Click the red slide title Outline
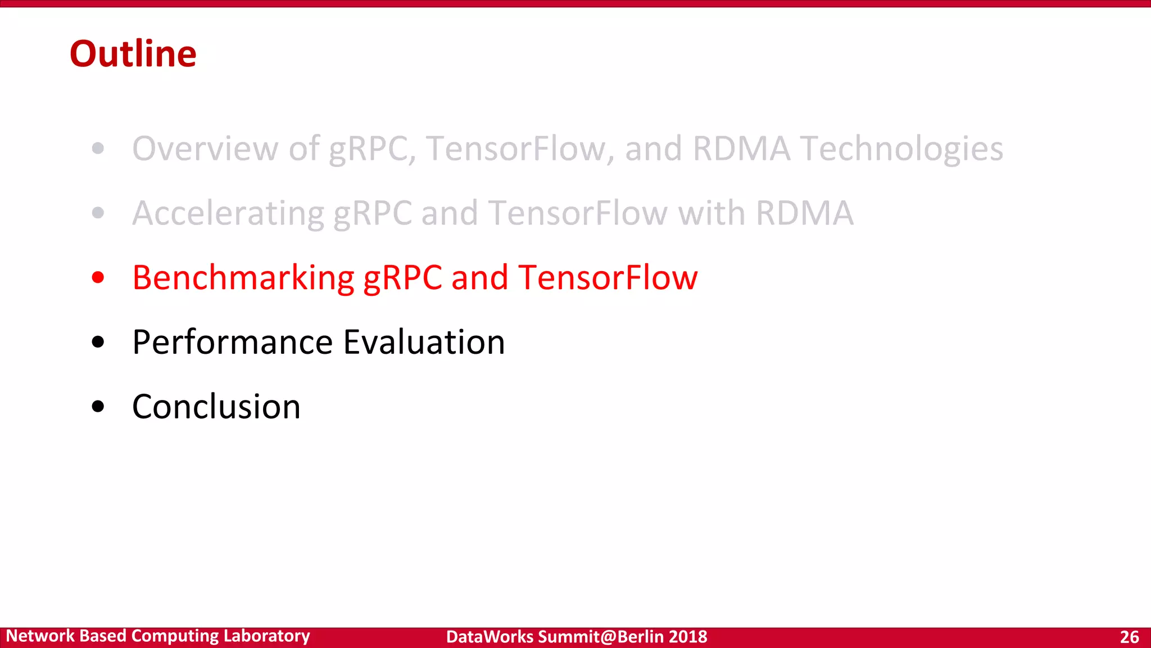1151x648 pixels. [133, 54]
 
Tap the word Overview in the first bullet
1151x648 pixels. [205, 148]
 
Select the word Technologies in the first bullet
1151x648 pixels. [901, 150]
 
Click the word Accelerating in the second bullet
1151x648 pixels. [228, 214]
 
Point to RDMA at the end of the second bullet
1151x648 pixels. [804, 213]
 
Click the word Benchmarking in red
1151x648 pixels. [243, 278]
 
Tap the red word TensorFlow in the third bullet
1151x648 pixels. [608, 278]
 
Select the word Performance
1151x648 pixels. [232, 342]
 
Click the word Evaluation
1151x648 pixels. [424, 342]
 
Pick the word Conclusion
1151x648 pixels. [216, 407]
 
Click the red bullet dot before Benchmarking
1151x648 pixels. [98, 277]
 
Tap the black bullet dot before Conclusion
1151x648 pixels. [98, 406]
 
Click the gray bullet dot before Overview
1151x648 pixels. [98, 148]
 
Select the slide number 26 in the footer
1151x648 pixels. [1129, 637]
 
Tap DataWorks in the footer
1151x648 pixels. [490, 637]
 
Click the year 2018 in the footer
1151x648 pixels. [688, 637]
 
